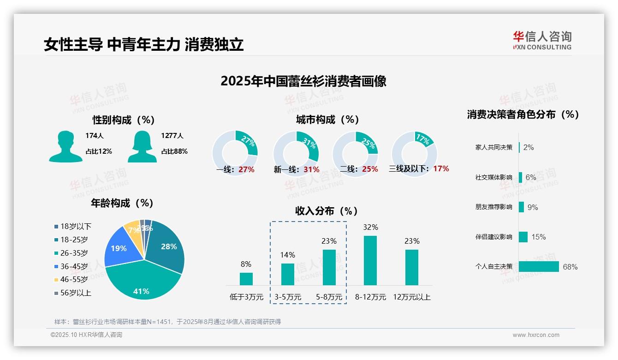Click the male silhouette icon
point(65,146)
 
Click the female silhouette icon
point(142,146)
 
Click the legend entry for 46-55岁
point(74,280)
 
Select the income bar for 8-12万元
point(370,260)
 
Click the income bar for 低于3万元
point(246,279)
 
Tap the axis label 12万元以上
point(412,297)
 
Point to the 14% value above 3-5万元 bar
point(287,255)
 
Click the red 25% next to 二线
point(370,169)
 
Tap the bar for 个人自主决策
point(539,267)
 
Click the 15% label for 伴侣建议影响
point(538,237)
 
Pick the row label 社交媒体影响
point(493,177)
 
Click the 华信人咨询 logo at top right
point(542,40)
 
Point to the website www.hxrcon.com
point(536,335)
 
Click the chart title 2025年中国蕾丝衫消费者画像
point(303,81)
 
